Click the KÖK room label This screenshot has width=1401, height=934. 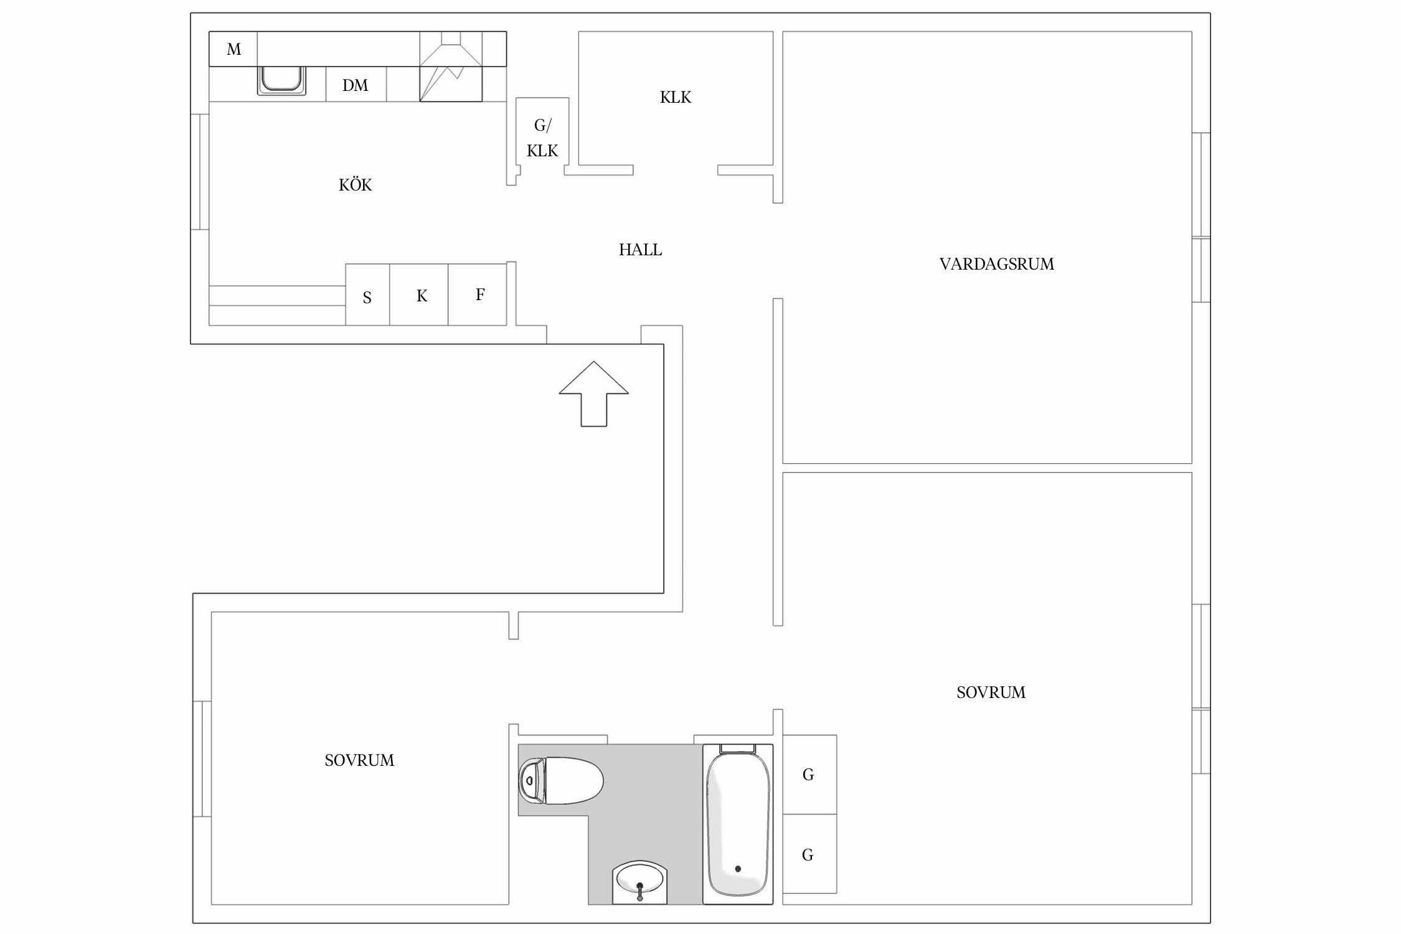(355, 184)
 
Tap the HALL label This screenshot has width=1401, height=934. (640, 250)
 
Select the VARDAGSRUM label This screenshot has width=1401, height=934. (996, 264)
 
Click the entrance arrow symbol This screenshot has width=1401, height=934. (593, 394)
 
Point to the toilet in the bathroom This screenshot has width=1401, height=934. (560, 780)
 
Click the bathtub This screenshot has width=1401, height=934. (738, 824)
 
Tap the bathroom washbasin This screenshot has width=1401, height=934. (639, 882)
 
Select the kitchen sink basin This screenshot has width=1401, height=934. (281, 80)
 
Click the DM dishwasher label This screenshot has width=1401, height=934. (355, 85)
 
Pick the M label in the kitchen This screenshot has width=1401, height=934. (233, 49)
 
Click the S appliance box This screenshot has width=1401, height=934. (367, 295)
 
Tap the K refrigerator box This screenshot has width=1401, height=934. (419, 295)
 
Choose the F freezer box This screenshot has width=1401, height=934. (478, 295)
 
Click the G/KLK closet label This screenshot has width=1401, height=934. (542, 138)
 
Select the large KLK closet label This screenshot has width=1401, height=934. (676, 97)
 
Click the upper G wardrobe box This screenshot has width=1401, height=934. (809, 775)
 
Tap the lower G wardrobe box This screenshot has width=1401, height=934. (809, 854)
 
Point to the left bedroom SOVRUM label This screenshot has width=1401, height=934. (359, 760)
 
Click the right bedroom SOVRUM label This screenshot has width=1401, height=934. (991, 692)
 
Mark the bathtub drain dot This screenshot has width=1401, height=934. (738, 869)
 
